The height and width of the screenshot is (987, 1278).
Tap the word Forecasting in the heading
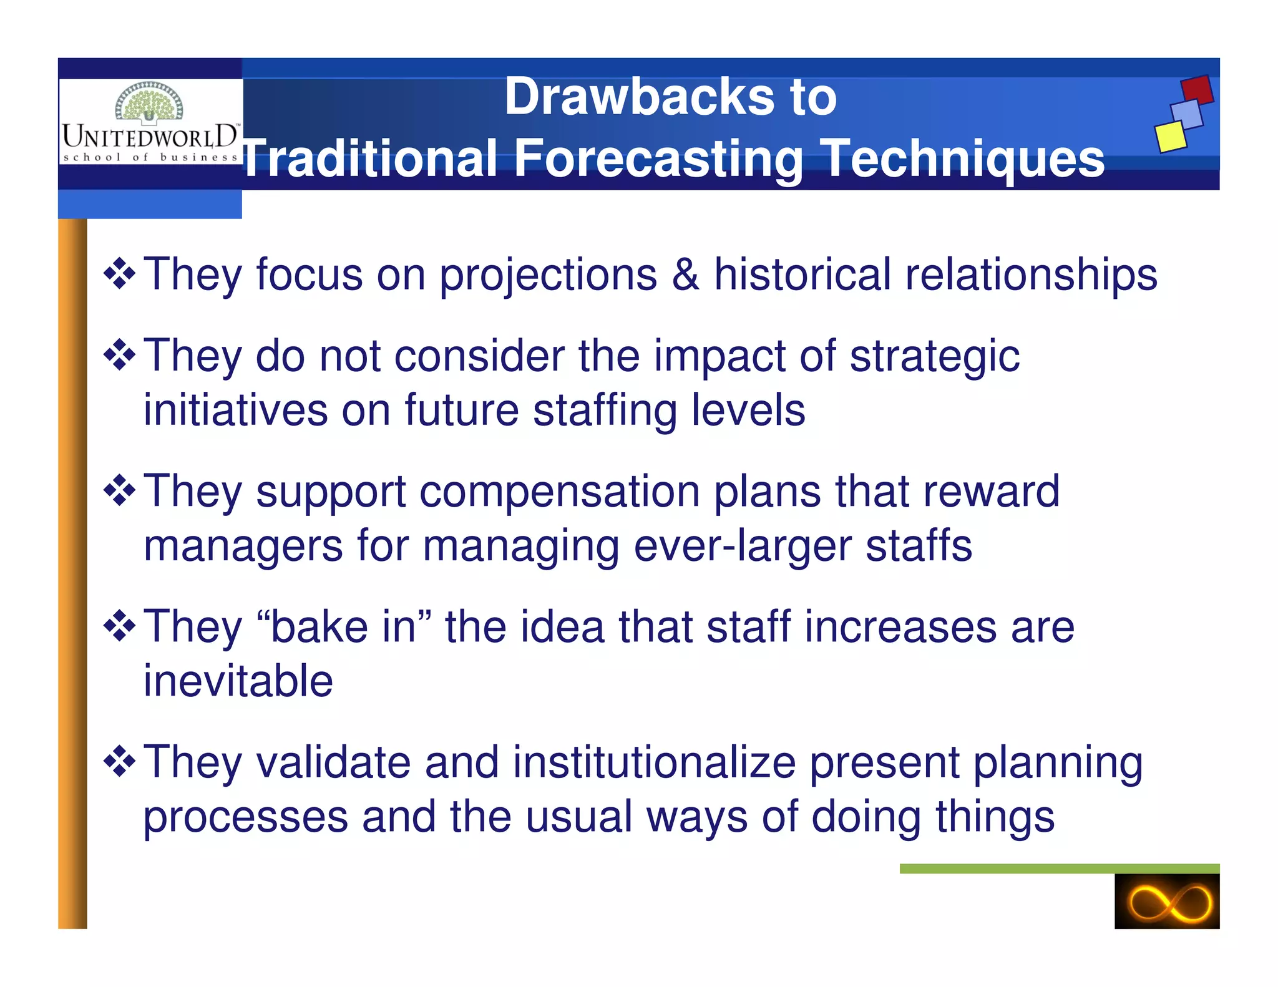(x=658, y=159)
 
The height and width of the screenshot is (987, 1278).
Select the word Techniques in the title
(x=962, y=159)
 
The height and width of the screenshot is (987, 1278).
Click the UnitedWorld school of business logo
(x=150, y=122)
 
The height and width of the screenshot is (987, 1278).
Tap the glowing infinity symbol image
(x=1166, y=901)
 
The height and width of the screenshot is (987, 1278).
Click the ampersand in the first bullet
(x=685, y=275)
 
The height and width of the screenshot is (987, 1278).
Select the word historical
(x=802, y=275)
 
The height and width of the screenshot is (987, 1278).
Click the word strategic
(x=934, y=357)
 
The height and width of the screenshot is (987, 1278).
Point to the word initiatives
(x=235, y=411)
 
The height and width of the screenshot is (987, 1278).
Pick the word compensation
(x=559, y=492)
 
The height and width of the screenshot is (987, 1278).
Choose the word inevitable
(x=238, y=681)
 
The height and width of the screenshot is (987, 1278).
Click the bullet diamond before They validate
(x=119, y=762)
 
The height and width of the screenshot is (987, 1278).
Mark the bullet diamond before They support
(x=119, y=491)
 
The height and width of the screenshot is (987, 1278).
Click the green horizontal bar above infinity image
(x=1059, y=868)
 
